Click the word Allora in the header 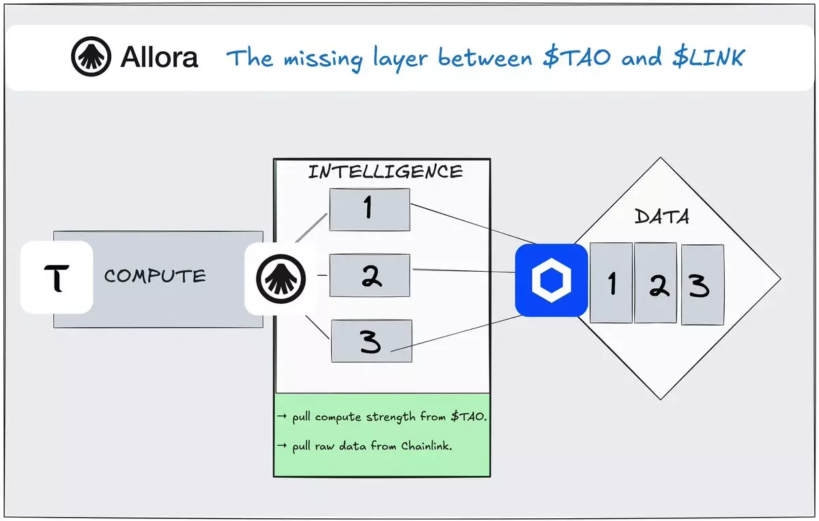tap(159, 57)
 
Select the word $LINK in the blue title tap(707, 58)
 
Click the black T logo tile tap(57, 278)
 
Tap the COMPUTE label tap(155, 277)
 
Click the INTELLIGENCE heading tap(385, 171)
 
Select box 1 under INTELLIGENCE tap(369, 209)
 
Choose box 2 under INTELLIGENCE tap(370, 275)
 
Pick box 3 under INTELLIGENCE tap(371, 341)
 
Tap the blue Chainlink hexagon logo tap(551, 280)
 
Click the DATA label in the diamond tap(661, 217)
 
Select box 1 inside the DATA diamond tap(611, 283)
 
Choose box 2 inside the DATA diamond tap(655, 283)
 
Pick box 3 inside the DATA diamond tap(702, 285)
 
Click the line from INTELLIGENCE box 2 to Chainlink tap(464, 271)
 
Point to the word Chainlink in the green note tap(427, 446)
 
